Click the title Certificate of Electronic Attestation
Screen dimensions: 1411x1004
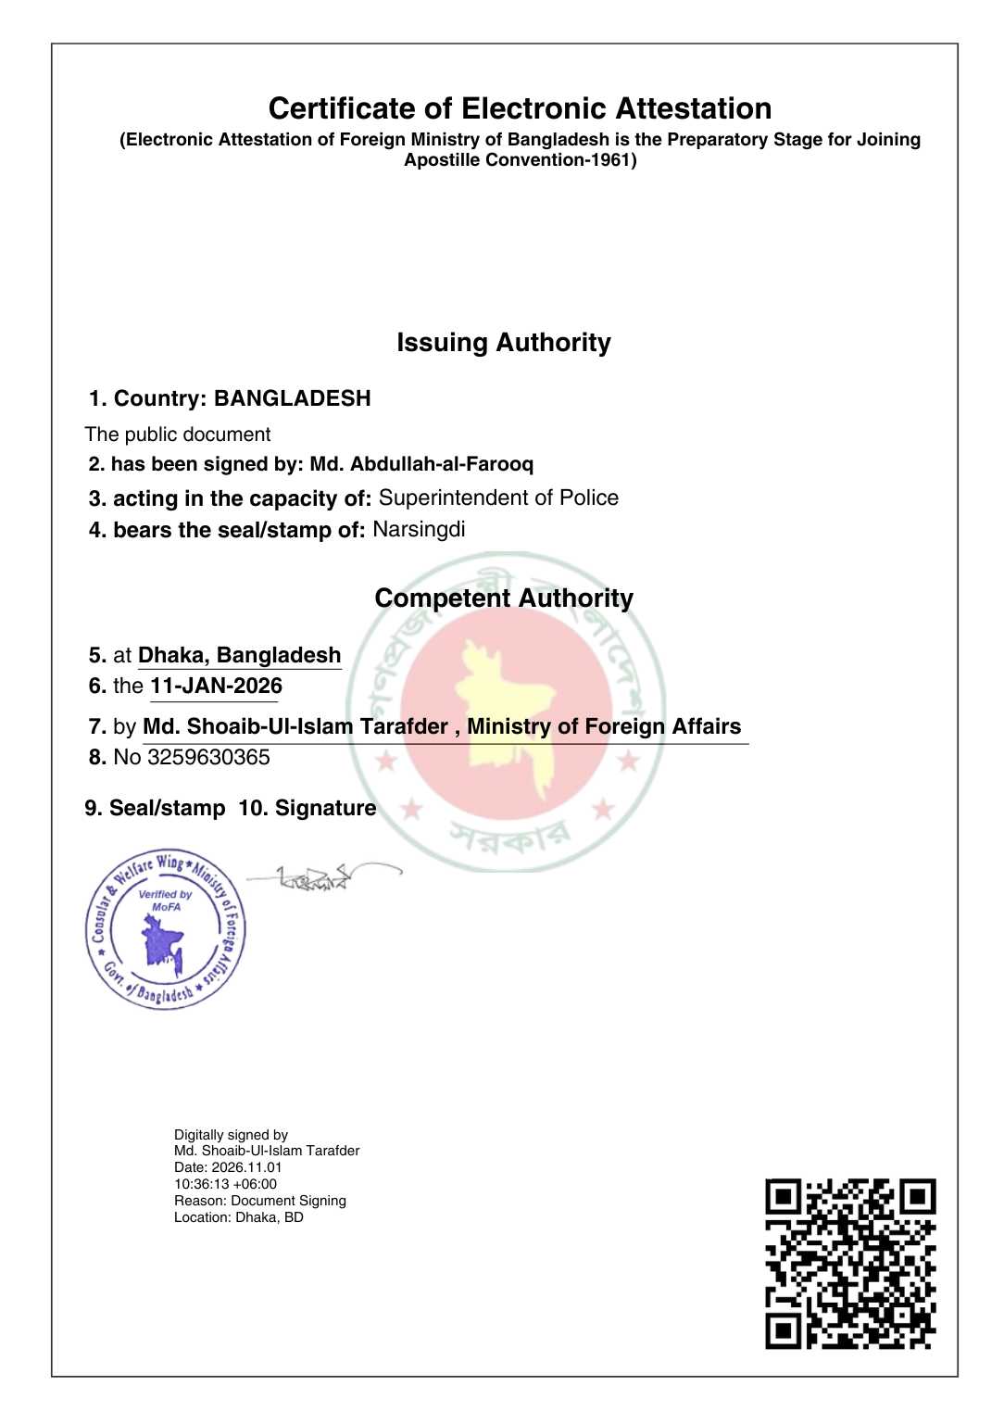pyautogui.click(x=520, y=108)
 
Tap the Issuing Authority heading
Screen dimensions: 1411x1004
pyautogui.click(x=503, y=343)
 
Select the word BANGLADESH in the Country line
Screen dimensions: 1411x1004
pyautogui.click(x=292, y=398)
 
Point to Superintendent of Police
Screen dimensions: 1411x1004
pyautogui.click(x=498, y=498)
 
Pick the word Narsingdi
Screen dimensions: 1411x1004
pyautogui.click(x=419, y=530)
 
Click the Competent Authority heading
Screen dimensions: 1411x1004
pyautogui.click(x=503, y=598)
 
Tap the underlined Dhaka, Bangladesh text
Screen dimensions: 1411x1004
pyautogui.click(x=239, y=656)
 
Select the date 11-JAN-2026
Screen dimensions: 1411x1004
pyautogui.click(x=216, y=687)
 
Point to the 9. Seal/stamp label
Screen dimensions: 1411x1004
pyautogui.click(x=155, y=809)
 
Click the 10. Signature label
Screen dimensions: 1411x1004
pyautogui.click(x=307, y=809)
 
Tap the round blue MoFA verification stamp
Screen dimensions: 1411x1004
pyautogui.click(x=165, y=929)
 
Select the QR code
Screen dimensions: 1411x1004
pyautogui.click(x=850, y=1264)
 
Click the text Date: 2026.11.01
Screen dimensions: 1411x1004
pyautogui.click(x=227, y=1167)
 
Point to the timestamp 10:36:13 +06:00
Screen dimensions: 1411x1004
pyautogui.click(x=225, y=1184)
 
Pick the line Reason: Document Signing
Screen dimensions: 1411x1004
pyautogui.click(x=259, y=1201)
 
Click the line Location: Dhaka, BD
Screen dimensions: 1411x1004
pyautogui.click(x=238, y=1217)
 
